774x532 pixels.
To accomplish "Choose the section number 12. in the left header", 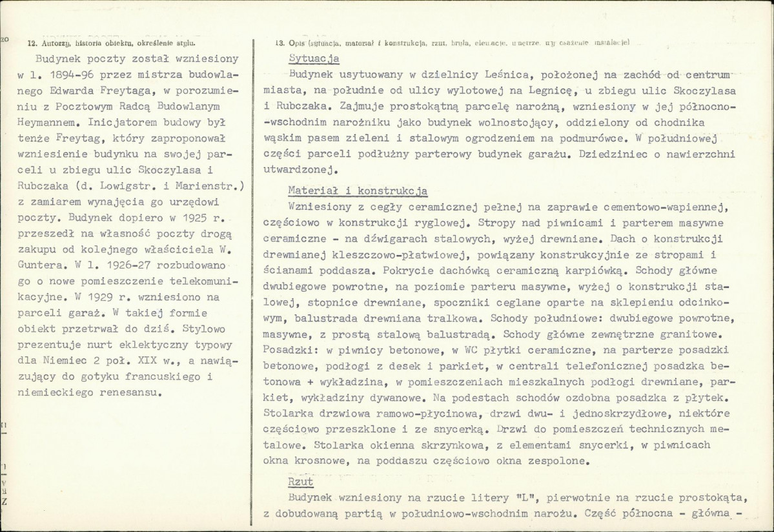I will [32, 43].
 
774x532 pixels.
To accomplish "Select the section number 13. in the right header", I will [280, 43].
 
